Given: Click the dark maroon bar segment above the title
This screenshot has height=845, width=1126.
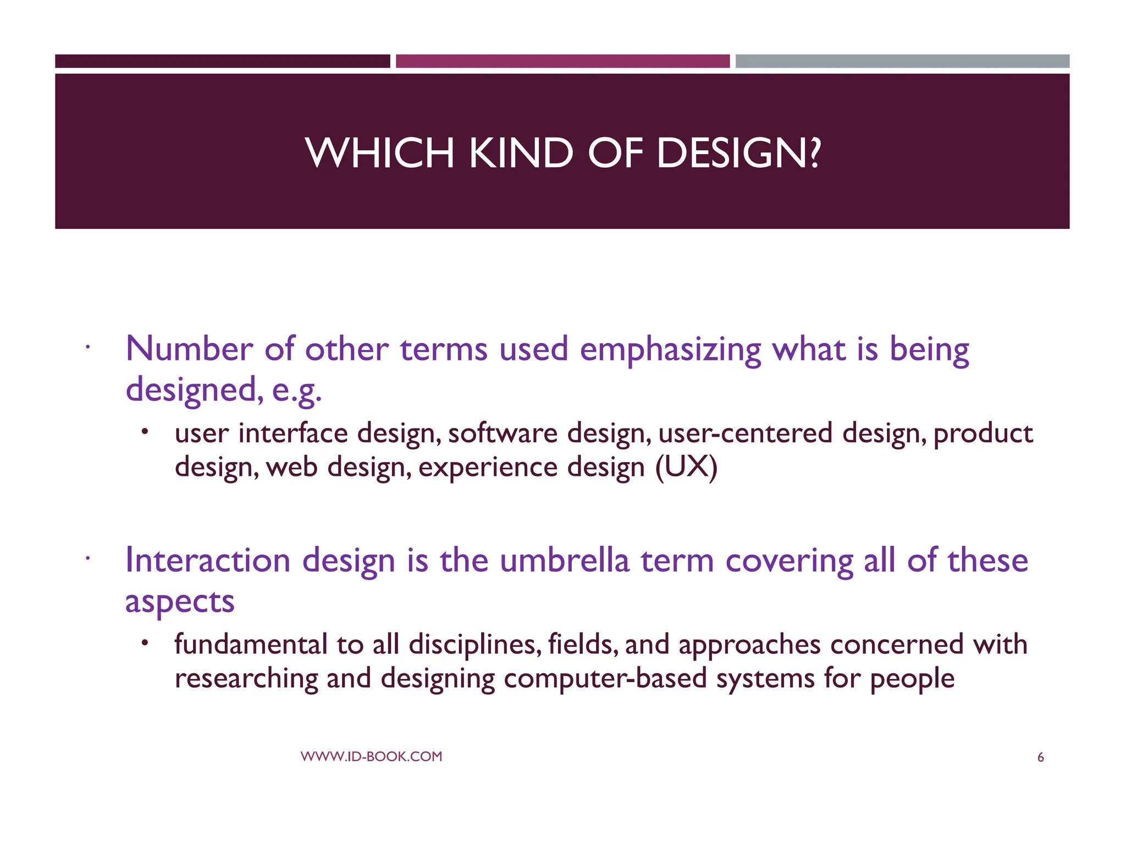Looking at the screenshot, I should pos(222,61).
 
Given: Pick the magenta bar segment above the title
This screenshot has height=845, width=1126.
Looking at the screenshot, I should pos(562,61).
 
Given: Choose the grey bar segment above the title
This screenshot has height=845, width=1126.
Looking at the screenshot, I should pos(902,61).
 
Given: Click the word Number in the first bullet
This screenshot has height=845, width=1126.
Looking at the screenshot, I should pos(189,349).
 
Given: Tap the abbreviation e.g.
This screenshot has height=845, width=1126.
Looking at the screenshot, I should pos(297,391).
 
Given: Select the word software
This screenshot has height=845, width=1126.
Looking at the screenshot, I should pos(503,433).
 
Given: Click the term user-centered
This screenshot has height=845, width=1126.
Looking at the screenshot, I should pos(745,433).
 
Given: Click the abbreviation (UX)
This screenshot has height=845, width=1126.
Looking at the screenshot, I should pos(686,467).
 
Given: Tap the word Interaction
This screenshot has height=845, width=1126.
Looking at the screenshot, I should pos(208,561).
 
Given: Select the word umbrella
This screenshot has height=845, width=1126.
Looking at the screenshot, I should pos(564,561).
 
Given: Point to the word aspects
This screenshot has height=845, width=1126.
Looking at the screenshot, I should pos(180,602).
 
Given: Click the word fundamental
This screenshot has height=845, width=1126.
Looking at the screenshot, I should pos(251,644).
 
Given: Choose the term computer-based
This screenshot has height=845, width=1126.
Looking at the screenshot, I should pos(605,678).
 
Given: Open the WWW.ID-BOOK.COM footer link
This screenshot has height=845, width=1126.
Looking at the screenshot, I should pos(371,756).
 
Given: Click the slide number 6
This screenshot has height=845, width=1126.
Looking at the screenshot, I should pos(1040,758).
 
